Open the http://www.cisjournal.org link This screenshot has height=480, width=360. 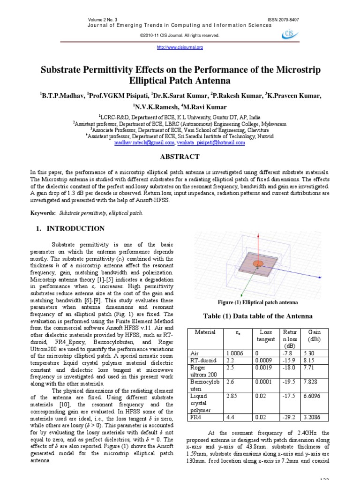coord(180,47)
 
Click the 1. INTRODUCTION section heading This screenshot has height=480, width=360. coord(70,228)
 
